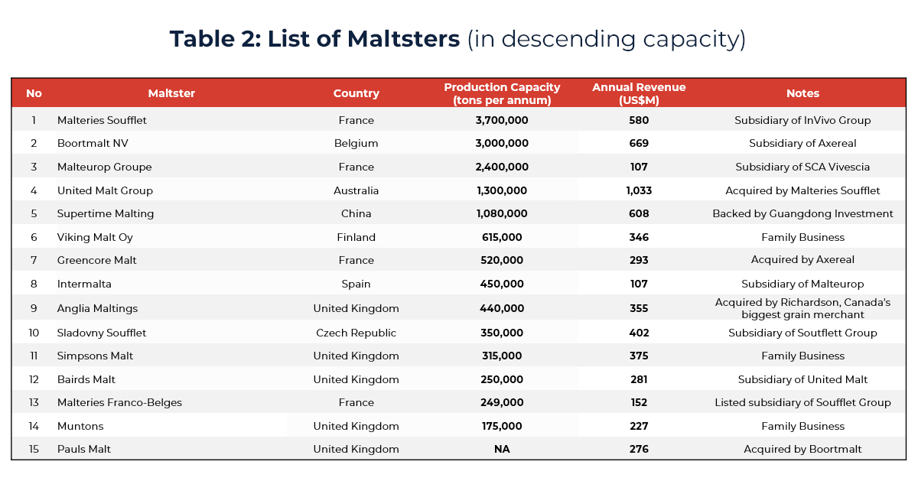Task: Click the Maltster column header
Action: click(171, 93)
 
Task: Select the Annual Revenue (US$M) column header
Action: click(639, 93)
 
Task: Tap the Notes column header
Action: click(802, 93)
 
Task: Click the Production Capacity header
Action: click(502, 93)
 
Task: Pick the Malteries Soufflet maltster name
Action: click(102, 120)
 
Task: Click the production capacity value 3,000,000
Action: click(502, 144)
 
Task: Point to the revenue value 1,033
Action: click(639, 190)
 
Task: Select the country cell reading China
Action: click(356, 214)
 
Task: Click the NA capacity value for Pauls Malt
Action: click(502, 450)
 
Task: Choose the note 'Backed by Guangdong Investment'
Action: click(802, 214)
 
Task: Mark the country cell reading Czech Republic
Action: click(356, 333)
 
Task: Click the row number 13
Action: click(34, 403)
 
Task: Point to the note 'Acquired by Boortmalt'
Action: click(802, 450)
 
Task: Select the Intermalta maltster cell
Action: click(84, 284)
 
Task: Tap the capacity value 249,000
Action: click(502, 403)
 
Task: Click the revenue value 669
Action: click(639, 144)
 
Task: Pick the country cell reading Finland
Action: click(356, 238)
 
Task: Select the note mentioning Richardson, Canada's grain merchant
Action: click(802, 308)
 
